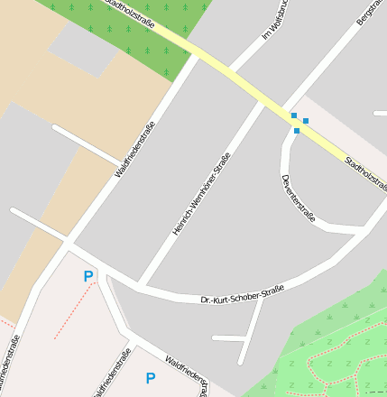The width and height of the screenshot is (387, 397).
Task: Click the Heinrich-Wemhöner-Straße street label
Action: [x=201, y=195]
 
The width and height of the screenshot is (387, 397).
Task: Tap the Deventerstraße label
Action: [x=299, y=199]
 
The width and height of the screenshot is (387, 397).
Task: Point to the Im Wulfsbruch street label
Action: [x=272, y=20]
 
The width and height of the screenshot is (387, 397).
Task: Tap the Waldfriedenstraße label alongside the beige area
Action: [x=134, y=148]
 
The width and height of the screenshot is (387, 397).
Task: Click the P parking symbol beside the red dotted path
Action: [x=88, y=277]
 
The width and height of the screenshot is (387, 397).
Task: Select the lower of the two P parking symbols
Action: [x=151, y=378]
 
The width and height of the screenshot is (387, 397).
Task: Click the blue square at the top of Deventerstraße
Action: [x=297, y=131]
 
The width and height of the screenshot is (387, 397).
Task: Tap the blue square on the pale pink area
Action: [x=306, y=121]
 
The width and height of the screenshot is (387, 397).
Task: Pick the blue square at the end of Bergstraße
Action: [x=293, y=115]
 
